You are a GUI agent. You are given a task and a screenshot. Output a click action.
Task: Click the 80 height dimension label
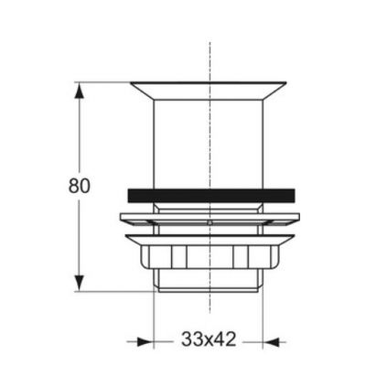(80, 185)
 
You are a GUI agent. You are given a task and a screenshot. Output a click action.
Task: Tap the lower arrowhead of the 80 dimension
(81, 283)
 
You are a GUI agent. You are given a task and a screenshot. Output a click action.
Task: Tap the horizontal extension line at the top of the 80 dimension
(105, 82)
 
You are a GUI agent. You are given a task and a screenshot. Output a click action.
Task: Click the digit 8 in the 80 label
(73, 185)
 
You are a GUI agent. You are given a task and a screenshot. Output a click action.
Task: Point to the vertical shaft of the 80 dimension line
(81, 137)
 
